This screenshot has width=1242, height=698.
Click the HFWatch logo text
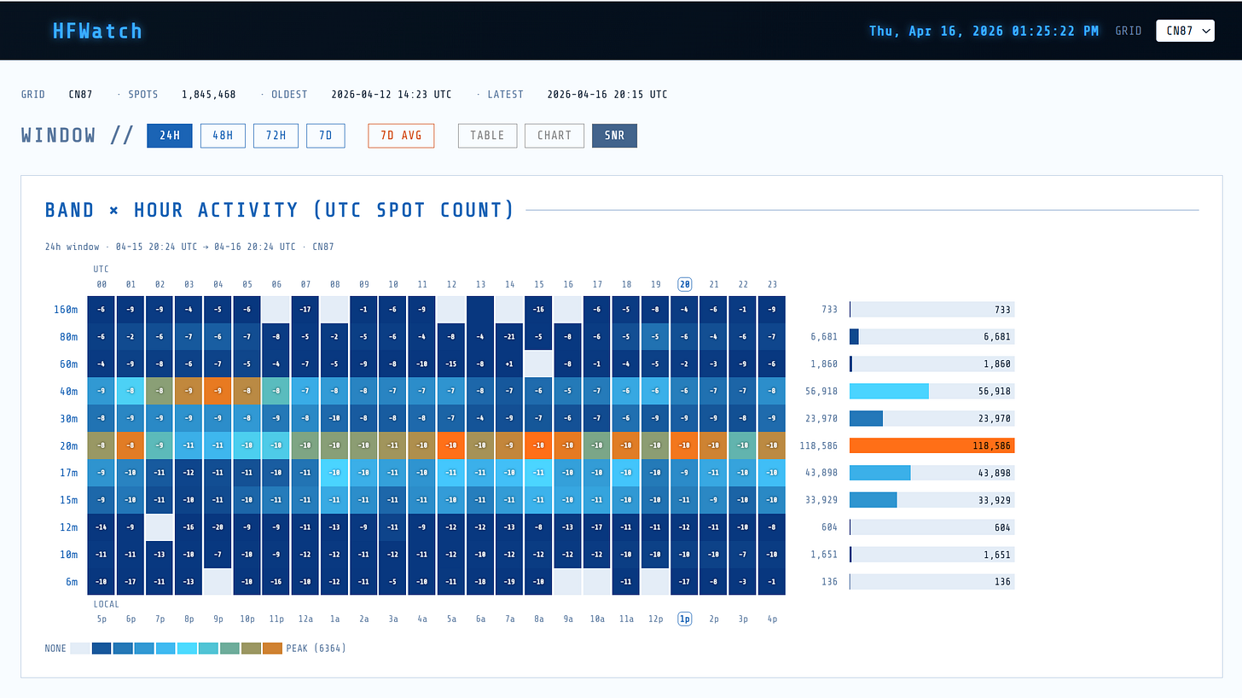pos(97,31)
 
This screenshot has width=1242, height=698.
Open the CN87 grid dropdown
pos(1185,31)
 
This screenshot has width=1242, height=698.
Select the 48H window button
pos(223,136)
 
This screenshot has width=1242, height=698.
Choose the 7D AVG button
pos(401,136)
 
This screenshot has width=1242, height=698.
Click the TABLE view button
pos(487,136)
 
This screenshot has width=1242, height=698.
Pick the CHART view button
pos(554,136)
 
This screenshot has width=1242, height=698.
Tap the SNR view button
pos(614,136)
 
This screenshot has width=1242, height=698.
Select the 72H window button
pos(276,136)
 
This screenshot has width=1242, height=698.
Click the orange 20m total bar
pos(931,445)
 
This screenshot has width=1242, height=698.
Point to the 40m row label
pos(66,392)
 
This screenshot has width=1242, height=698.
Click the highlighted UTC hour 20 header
pos(684,284)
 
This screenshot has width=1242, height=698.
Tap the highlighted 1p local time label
pos(684,619)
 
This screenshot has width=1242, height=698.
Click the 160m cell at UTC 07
pos(305,310)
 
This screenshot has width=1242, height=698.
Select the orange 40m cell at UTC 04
pos(218,392)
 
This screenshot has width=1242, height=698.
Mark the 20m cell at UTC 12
pos(451,445)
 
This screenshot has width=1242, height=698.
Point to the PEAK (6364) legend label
pos(316,649)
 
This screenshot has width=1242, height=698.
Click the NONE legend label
pos(55,649)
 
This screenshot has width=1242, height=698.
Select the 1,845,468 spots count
pos(208,95)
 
